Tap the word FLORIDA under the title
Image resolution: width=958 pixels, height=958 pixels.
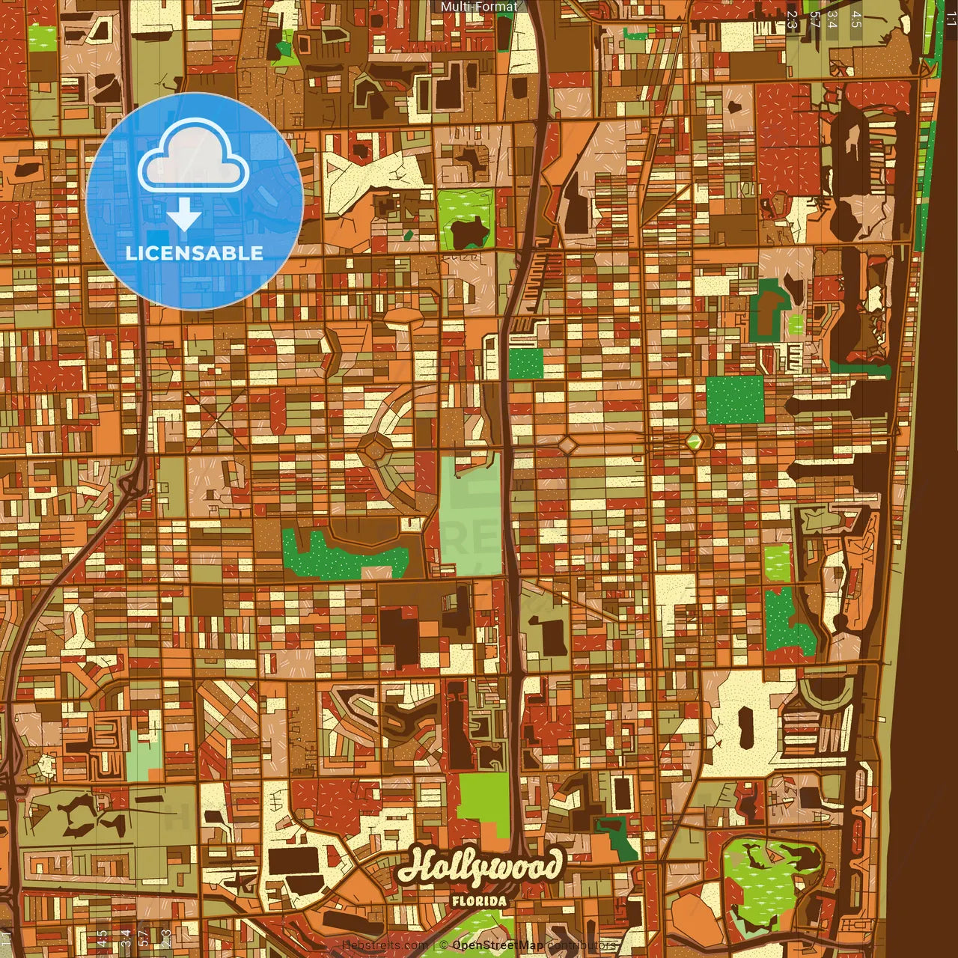(479, 901)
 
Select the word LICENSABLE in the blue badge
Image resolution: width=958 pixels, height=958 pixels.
(195, 253)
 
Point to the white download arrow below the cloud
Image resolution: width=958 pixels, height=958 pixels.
(184, 216)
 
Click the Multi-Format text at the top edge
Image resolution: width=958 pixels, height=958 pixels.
(479, 7)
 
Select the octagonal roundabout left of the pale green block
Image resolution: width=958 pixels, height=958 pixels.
(373, 449)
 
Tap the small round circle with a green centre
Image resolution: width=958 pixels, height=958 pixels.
(695, 441)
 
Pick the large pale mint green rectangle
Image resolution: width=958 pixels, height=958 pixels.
(470, 516)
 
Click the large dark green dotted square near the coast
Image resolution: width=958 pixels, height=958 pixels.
(735, 399)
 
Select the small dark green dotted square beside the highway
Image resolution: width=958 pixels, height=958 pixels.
(525, 364)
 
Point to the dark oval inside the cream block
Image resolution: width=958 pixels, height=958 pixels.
(745, 727)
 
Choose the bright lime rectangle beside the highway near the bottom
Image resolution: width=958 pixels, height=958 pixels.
(483, 805)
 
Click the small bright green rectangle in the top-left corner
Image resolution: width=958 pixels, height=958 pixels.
(42, 37)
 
